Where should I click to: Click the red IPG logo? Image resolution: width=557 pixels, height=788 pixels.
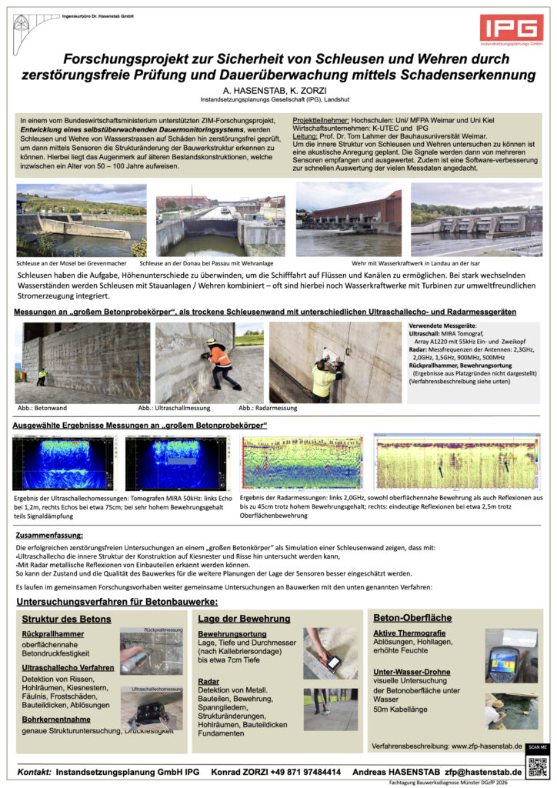pyautogui.click(x=511, y=28)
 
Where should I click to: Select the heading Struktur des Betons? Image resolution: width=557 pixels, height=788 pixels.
pyautogui.click(x=66, y=619)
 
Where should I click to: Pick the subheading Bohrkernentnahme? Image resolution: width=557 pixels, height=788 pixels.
pyautogui.click(x=58, y=720)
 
